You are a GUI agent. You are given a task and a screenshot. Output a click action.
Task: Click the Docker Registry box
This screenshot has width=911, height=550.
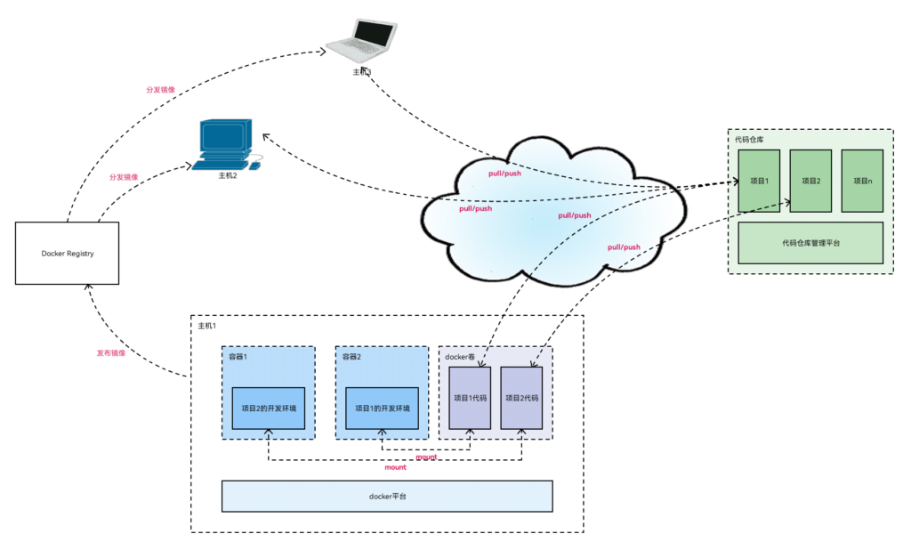[x=68, y=254]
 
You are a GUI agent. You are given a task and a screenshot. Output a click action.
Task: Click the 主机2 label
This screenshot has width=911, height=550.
[x=228, y=176]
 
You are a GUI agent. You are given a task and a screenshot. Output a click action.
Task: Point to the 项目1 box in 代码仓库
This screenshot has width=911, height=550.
[x=759, y=181]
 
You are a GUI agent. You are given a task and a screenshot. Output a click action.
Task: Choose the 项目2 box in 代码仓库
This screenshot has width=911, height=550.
[x=810, y=181]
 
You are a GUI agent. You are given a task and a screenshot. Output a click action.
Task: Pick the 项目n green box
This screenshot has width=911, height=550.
[x=861, y=181]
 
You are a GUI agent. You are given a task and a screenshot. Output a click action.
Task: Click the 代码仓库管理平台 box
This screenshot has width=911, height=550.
[x=810, y=242]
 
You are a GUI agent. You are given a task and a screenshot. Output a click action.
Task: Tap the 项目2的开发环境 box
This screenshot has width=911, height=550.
[x=269, y=408]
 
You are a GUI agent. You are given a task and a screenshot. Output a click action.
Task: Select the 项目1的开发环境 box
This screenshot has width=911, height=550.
[x=382, y=408]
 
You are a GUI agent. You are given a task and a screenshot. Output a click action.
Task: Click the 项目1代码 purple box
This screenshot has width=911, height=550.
[x=470, y=399]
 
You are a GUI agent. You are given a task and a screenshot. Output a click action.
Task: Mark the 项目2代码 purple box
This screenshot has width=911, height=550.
[x=521, y=399]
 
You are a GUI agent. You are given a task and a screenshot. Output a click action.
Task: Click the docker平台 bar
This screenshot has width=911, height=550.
[x=387, y=496]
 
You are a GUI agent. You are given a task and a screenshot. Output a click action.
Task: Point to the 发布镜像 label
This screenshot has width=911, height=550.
[x=111, y=353]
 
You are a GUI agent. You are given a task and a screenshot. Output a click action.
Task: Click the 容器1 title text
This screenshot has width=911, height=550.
[x=238, y=357]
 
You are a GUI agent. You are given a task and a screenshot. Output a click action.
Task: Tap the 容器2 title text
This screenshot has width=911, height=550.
[x=351, y=357]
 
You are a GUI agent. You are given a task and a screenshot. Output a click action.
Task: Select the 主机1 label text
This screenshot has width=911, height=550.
[x=206, y=327]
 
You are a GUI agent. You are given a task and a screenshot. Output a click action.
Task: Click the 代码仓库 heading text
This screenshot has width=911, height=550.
[x=749, y=140]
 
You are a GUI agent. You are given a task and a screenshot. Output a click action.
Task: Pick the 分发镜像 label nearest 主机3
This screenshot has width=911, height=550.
[x=161, y=91]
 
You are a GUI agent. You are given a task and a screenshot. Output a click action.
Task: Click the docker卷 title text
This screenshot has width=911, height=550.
[x=462, y=357]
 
